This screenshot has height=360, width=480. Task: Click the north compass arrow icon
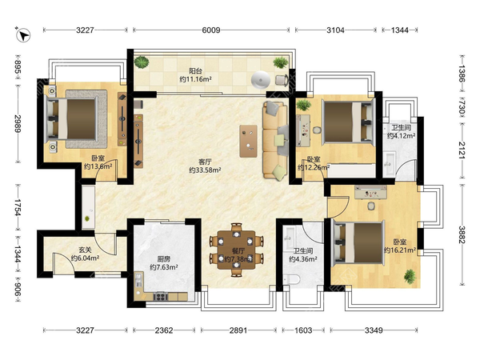[x=23, y=34]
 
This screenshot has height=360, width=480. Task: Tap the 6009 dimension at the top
[x=211, y=30]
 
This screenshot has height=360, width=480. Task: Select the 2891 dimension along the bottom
[x=238, y=330]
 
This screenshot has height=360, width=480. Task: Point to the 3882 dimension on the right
[x=462, y=234]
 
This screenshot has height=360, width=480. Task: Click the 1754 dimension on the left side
[x=18, y=207]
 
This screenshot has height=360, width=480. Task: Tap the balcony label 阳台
[x=195, y=71]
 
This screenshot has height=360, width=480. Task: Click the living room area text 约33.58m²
[x=205, y=170]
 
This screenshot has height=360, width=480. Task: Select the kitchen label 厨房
[x=164, y=259]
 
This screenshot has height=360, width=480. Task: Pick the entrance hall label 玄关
[x=85, y=250]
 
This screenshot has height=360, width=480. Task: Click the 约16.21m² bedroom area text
[x=400, y=250]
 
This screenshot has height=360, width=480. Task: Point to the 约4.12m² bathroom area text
[x=401, y=136]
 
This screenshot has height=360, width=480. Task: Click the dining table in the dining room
[x=236, y=250]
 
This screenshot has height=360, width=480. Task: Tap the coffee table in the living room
[x=248, y=141]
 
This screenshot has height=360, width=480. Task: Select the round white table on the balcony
[x=261, y=80]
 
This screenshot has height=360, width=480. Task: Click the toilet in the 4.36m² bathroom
[x=291, y=280]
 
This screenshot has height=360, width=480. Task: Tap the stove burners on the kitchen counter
[x=161, y=296]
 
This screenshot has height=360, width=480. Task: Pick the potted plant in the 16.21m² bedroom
[x=410, y=276]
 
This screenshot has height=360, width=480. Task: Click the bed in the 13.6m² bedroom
[x=73, y=119]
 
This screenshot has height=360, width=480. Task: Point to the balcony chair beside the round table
[x=282, y=80]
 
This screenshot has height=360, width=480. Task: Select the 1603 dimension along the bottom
[x=303, y=330]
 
